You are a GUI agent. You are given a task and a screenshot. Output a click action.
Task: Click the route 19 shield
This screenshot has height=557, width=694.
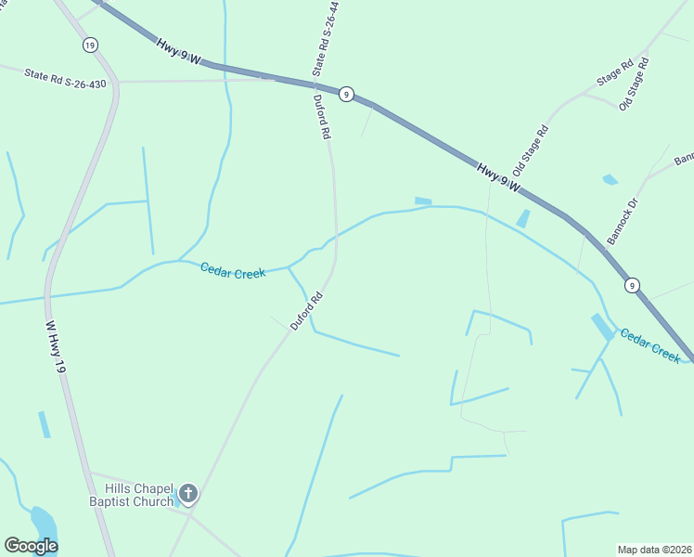click(89, 45)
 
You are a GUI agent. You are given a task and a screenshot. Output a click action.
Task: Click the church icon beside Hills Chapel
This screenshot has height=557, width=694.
click(188, 494)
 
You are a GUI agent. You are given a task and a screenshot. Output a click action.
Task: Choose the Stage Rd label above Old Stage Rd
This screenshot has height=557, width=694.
click(614, 73)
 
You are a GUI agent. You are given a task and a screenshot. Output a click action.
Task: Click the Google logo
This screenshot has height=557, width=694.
click(31, 546)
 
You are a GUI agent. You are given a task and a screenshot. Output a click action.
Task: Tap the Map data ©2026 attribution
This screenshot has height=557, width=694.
click(655, 549)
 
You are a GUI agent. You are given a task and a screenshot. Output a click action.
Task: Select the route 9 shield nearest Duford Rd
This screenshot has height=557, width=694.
click(345, 94)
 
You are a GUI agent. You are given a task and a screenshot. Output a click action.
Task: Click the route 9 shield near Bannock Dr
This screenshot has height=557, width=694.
click(631, 285)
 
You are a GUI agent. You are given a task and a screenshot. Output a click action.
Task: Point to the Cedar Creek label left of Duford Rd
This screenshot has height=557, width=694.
click(233, 270)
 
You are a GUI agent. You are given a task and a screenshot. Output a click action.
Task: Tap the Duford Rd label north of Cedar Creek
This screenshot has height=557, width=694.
click(322, 117)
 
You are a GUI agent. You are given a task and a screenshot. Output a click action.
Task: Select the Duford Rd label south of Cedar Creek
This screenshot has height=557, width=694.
click(306, 311)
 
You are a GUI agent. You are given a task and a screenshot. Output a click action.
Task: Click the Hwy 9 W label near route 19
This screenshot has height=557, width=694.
click(178, 50)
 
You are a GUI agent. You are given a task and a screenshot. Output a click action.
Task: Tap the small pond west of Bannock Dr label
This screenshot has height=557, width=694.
click(610, 179)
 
